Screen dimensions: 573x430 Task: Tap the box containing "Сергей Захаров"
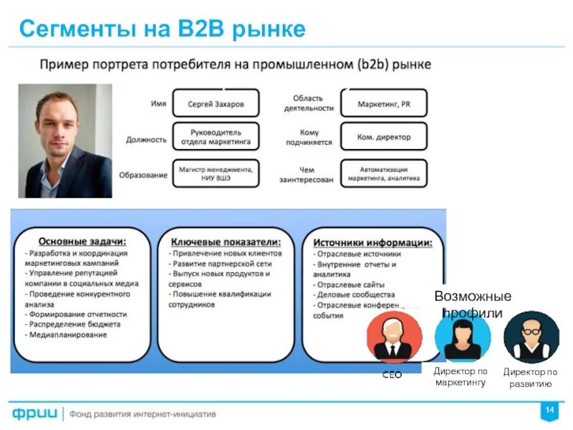tap(216, 104)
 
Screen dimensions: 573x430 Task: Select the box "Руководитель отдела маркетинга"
tap(216, 138)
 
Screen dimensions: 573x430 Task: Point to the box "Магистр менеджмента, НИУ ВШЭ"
tap(216, 173)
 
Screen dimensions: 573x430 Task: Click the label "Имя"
tap(158, 104)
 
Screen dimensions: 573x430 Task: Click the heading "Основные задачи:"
tap(82, 242)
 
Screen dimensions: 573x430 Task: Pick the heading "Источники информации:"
tap(372, 243)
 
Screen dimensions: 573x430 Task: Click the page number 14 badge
tap(549, 410)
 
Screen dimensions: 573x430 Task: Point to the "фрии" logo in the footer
tap(36, 414)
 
